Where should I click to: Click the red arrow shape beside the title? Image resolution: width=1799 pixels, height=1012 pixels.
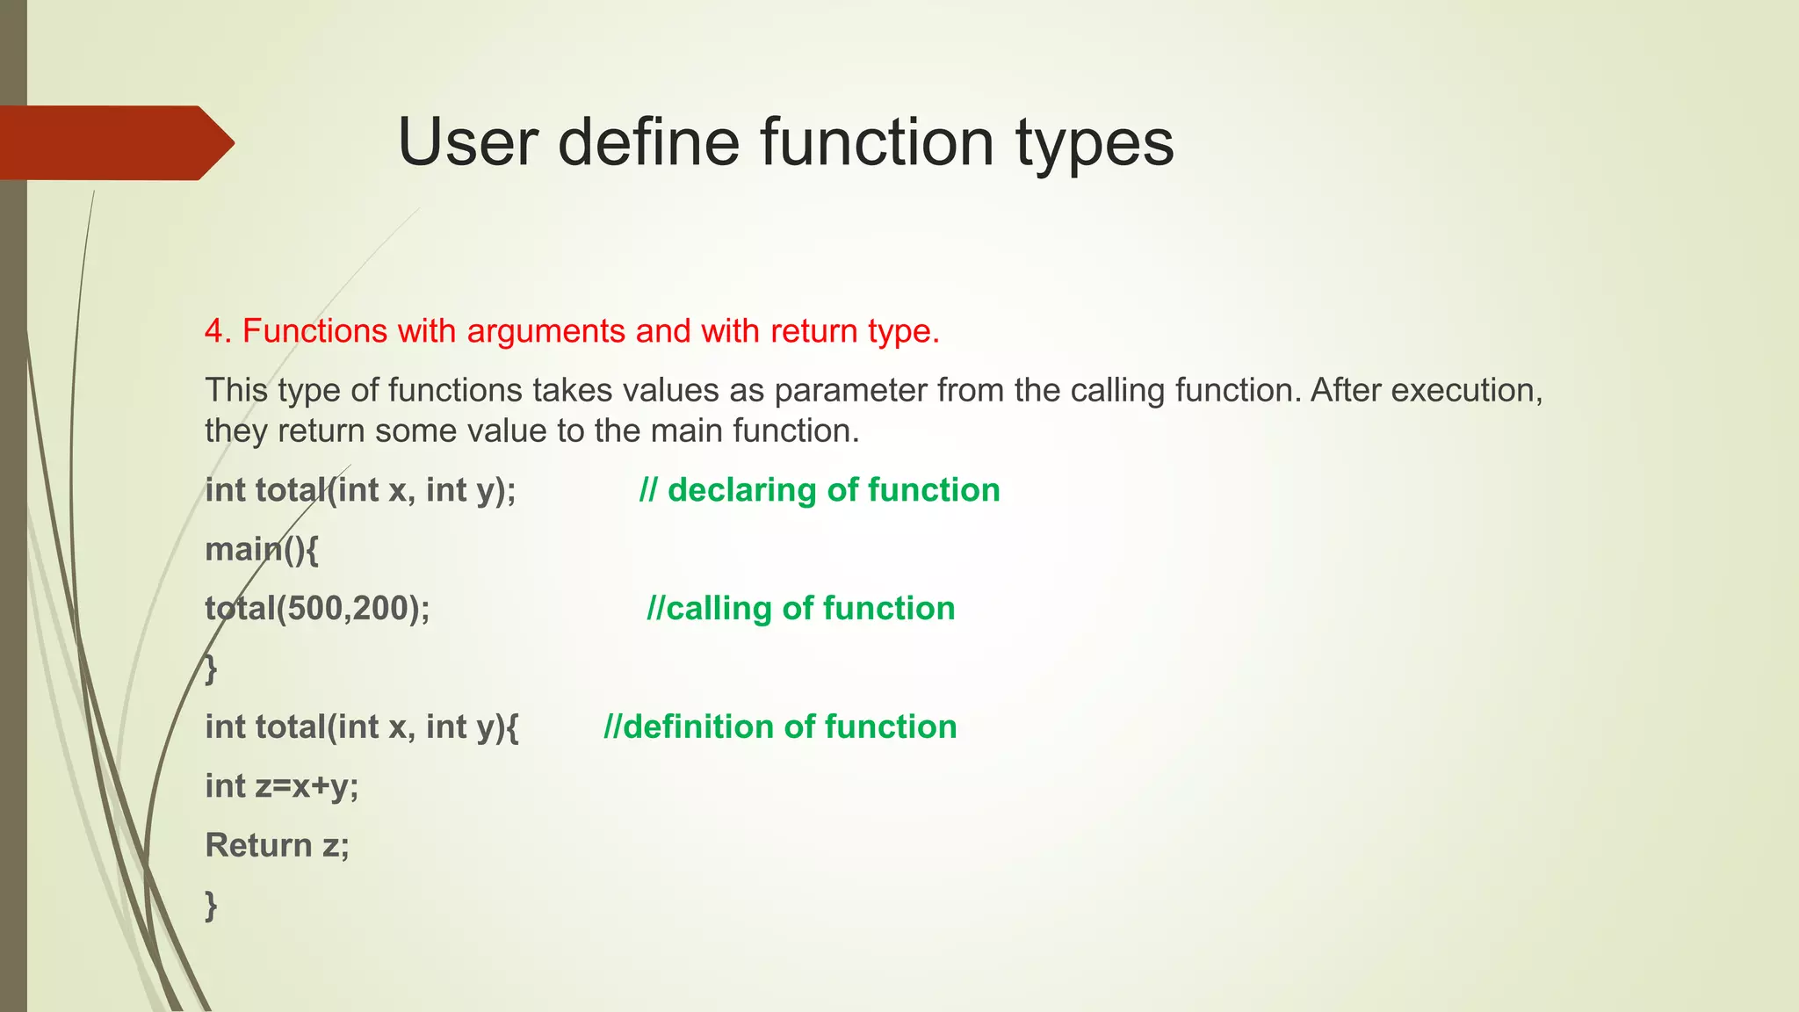tap(114, 143)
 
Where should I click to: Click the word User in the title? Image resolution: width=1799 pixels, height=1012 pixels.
tap(467, 143)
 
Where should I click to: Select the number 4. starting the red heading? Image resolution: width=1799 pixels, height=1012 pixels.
tap(218, 332)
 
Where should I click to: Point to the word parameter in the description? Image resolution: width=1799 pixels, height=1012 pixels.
tap(850, 391)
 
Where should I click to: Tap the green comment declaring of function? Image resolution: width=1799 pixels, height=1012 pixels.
tap(820, 490)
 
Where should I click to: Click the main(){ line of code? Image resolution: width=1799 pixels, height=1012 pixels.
tap(262, 550)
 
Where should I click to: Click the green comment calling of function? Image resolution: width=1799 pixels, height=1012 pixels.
tap(800, 609)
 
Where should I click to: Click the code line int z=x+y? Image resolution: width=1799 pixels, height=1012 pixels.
tap(282, 786)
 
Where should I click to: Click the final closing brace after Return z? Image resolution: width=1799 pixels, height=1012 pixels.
tap(211, 905)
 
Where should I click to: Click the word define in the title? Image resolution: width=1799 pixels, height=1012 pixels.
tap(648, 143)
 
